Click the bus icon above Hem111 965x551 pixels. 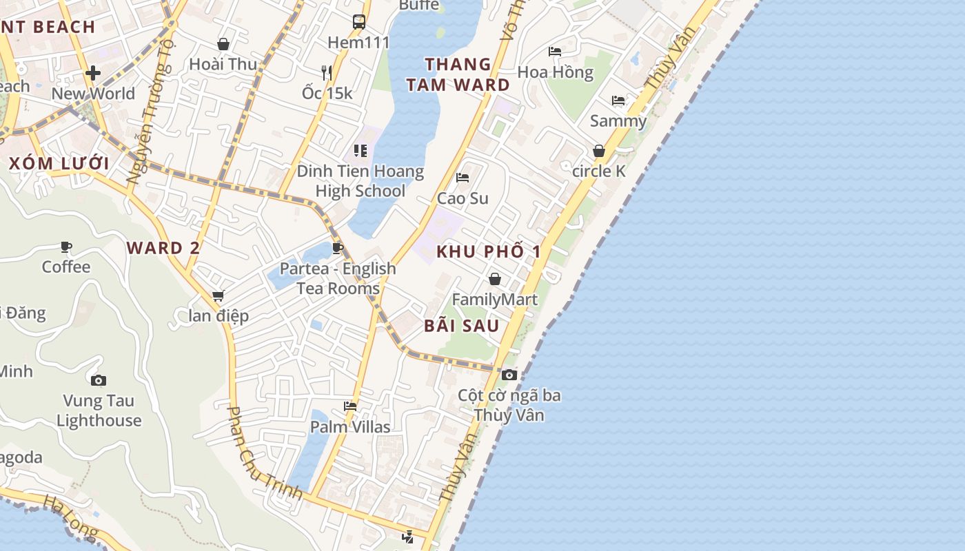[x=359, y=22]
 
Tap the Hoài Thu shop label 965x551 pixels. [x=223, y=64]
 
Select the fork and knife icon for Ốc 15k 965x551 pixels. [x=327, y=72]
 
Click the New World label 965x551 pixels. [x=93, y=94]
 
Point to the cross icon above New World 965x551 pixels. [x=93, y=73]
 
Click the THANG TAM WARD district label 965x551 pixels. [x=458, y=74]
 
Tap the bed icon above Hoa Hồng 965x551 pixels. [x=555, y=52]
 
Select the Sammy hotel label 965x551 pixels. [x=618, y=121]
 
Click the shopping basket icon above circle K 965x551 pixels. [x=599, y=151]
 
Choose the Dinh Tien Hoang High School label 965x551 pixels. [x=360, y=180]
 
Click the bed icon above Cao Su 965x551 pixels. [x=463, y=178]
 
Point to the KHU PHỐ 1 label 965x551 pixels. [x=489, y=251]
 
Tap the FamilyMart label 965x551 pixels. [x=494, y=300]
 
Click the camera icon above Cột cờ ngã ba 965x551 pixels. [x=509, y=375]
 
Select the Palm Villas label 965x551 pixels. [x=350, y=427]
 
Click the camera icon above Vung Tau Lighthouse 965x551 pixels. [x=99, y=380]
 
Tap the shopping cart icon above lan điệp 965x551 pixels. [x=219, y=295]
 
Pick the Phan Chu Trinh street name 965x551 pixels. [x=265, y=453]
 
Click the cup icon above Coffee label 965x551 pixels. [x=66, y=247]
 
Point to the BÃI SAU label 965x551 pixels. [x=461, y=326]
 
